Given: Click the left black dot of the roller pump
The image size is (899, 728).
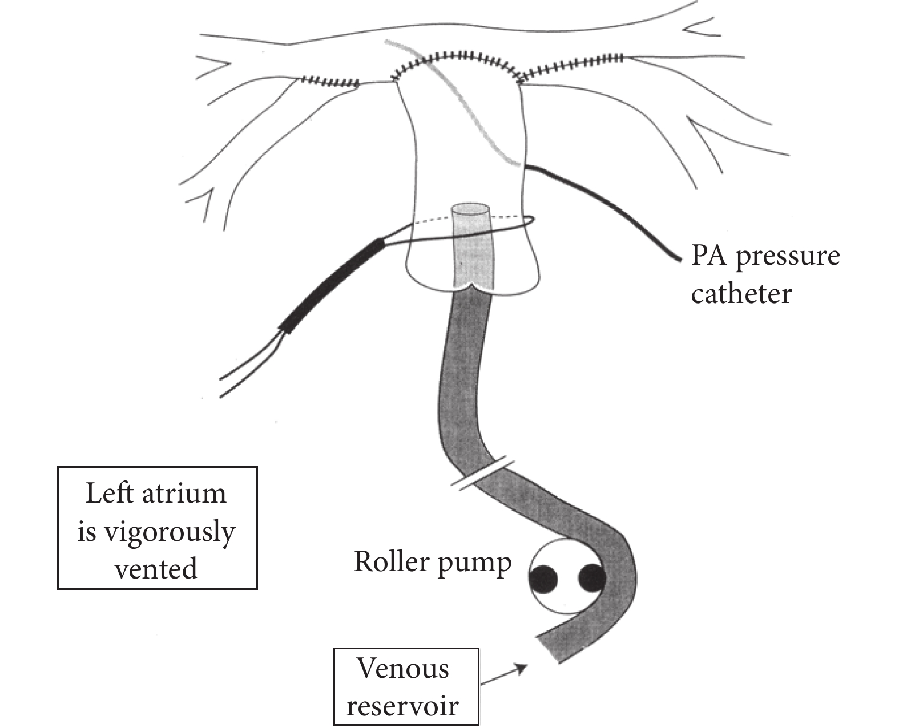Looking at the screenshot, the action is [543, 579].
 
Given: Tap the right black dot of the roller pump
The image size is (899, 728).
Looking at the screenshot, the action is [592, 578].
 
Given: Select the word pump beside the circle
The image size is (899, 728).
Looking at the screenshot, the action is [474, 565].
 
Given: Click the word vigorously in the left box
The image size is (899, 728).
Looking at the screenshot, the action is [170, 533].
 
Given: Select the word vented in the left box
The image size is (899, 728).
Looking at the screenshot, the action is [156, 568].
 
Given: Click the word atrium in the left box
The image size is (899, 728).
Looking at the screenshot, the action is [184, 493].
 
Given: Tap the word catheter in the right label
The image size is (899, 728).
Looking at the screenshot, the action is [741, 294].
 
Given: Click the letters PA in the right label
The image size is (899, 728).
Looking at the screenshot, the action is [709, 255].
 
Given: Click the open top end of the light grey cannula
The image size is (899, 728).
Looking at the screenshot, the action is [470, 209].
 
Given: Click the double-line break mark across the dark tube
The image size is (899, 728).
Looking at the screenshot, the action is [483, 474].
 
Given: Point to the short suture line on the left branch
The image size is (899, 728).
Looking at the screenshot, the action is [329, 82].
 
